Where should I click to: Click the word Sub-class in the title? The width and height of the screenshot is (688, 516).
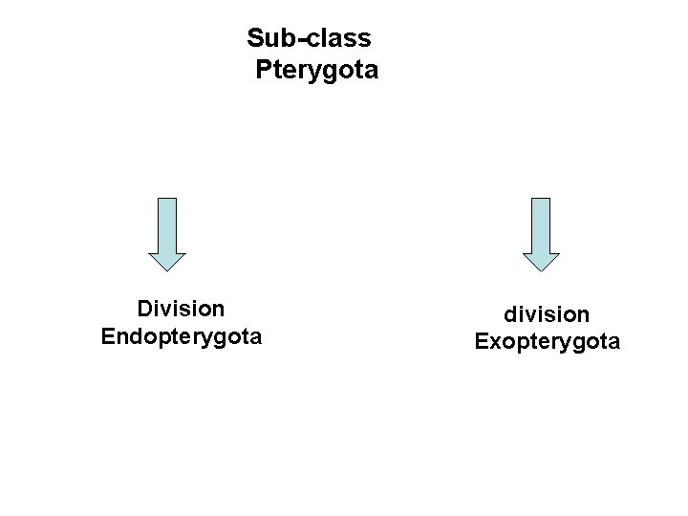click(x=310, y=38)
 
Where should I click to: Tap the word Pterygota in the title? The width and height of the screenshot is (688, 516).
click(x=316, y=70)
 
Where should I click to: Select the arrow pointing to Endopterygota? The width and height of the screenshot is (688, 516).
click(x=166, y=234)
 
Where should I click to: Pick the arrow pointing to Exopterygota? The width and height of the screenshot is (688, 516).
click(x=541, y=234)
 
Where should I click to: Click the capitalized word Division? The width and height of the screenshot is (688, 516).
click(x=182, y=309)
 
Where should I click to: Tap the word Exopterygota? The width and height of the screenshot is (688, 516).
click(x=548, y=340)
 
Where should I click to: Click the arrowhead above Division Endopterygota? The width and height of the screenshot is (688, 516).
click(x=166, y=260)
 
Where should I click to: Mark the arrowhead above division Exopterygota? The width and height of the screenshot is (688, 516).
click(x=541, y=260)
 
